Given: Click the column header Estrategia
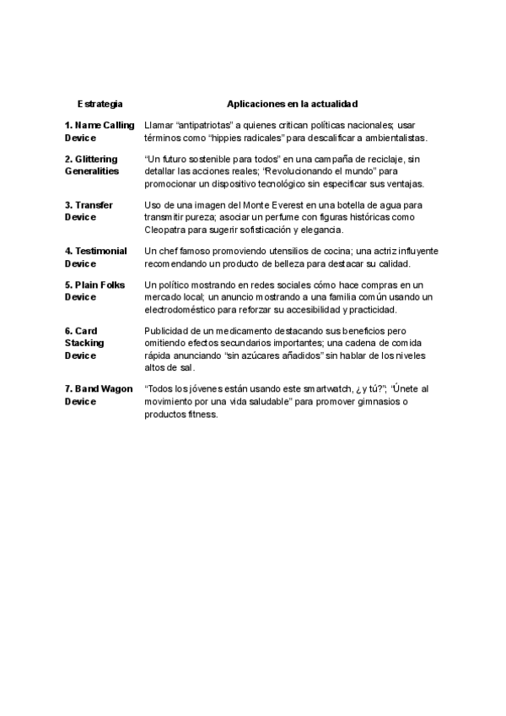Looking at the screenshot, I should (x=100, y=104).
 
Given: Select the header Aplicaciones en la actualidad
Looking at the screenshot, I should (x=292, y=104).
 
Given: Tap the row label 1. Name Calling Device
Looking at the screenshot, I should (x=99, y=131).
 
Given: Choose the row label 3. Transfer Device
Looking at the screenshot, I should (x=89, y=210).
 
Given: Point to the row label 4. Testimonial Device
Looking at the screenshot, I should (x=96, y=257).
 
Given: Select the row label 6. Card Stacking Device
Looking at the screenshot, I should (x=84, y=343).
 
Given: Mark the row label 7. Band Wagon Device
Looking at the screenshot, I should (x=98, y=394).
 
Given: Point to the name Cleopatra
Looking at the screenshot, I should (x=168, y=229).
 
